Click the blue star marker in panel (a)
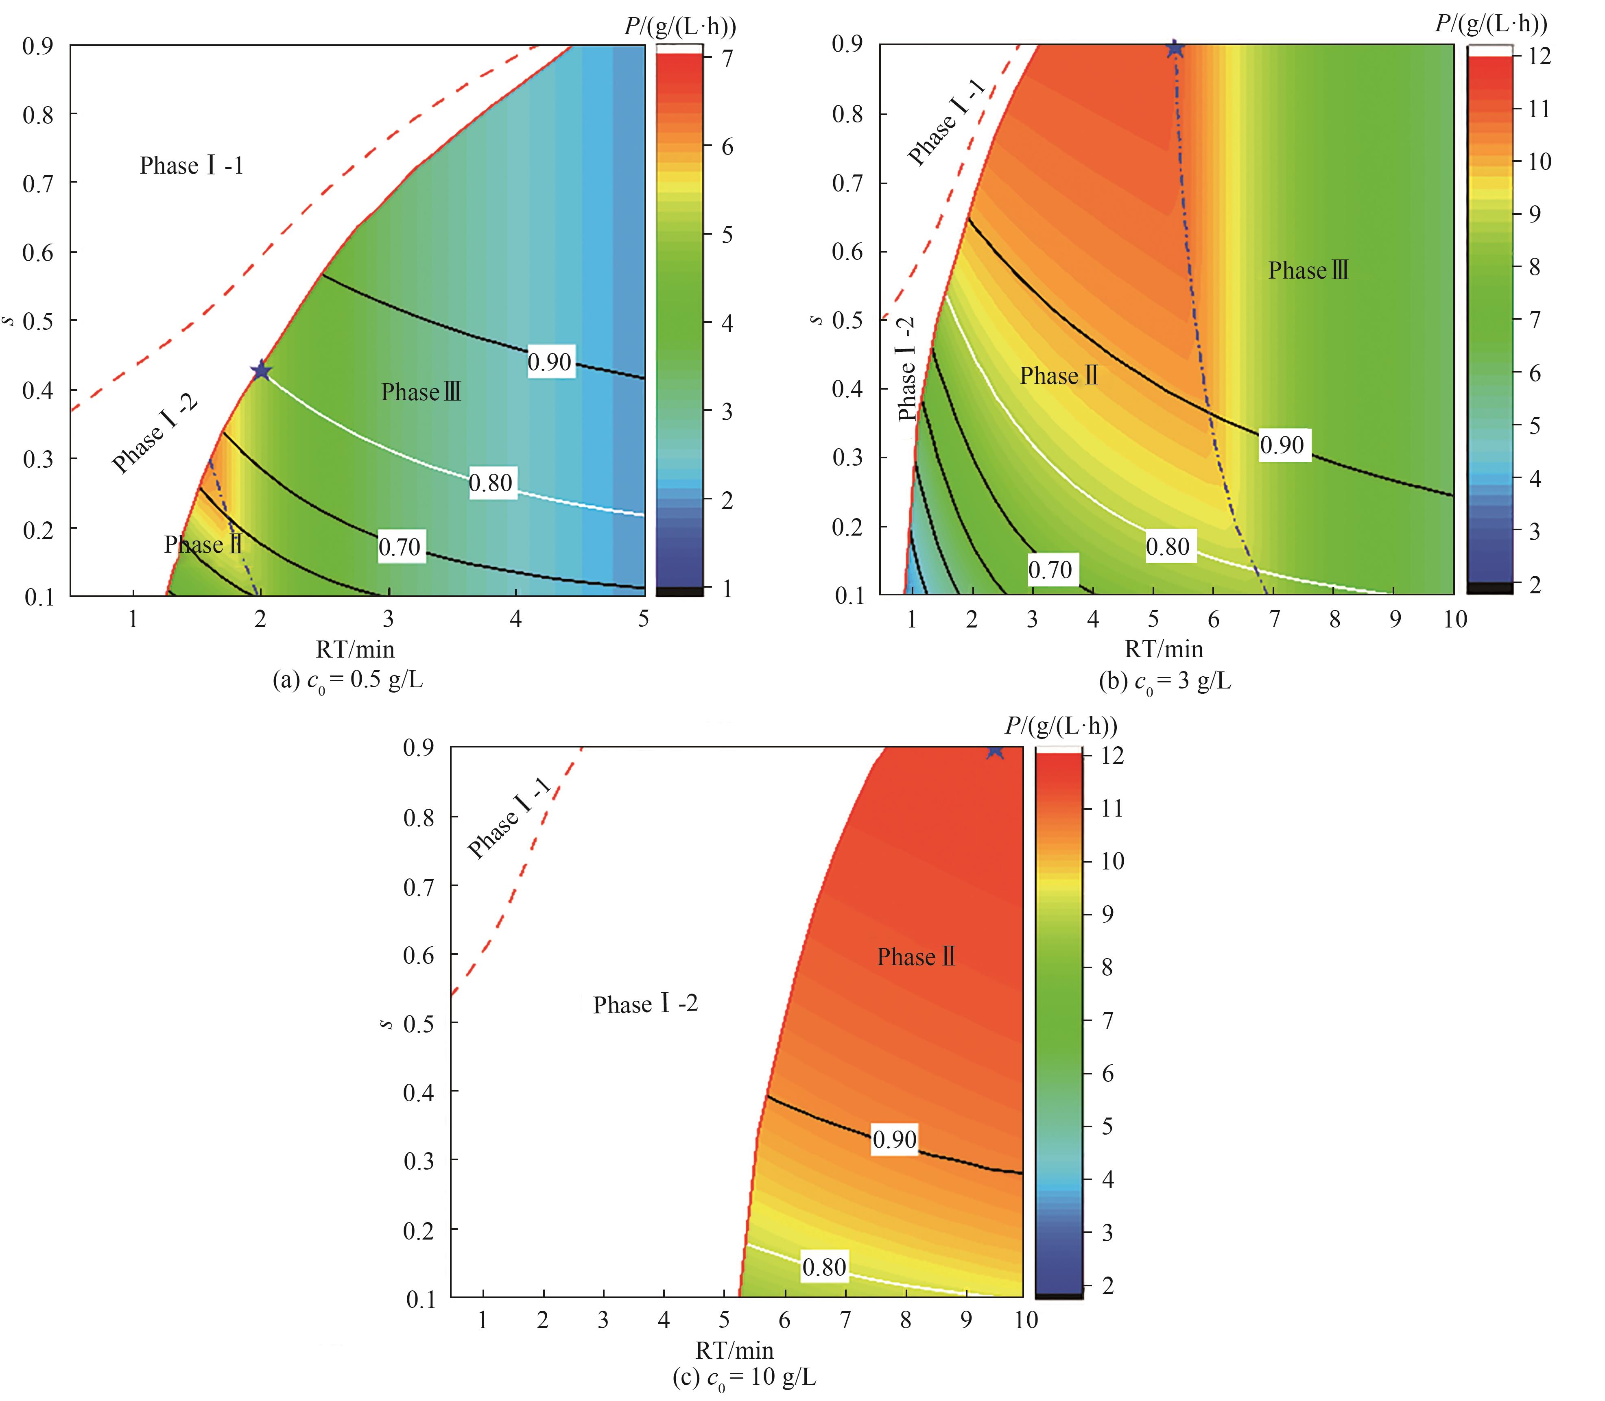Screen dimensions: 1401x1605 pyautogui.click(x=260, y=370)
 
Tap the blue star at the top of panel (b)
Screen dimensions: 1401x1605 pyautogui.click(x=1174, y=48)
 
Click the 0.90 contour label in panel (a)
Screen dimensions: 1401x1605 pyautogui.click(x=550, y=362)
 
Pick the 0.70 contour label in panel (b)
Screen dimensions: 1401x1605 pyautogui.click(x=1050, y=570)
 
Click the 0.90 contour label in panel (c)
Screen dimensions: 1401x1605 pyautogui.click(x=894, y=1139)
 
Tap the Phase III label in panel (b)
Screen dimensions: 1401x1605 pyautogui.click(x=1308, y=270)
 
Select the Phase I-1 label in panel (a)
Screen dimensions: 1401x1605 pyautogui.click(x=192, y=166)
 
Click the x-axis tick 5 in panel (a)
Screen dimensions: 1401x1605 pyautogui.click(x=643, y=619)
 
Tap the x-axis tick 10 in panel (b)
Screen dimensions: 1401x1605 pyautogui.click(x=1455, y=619)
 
